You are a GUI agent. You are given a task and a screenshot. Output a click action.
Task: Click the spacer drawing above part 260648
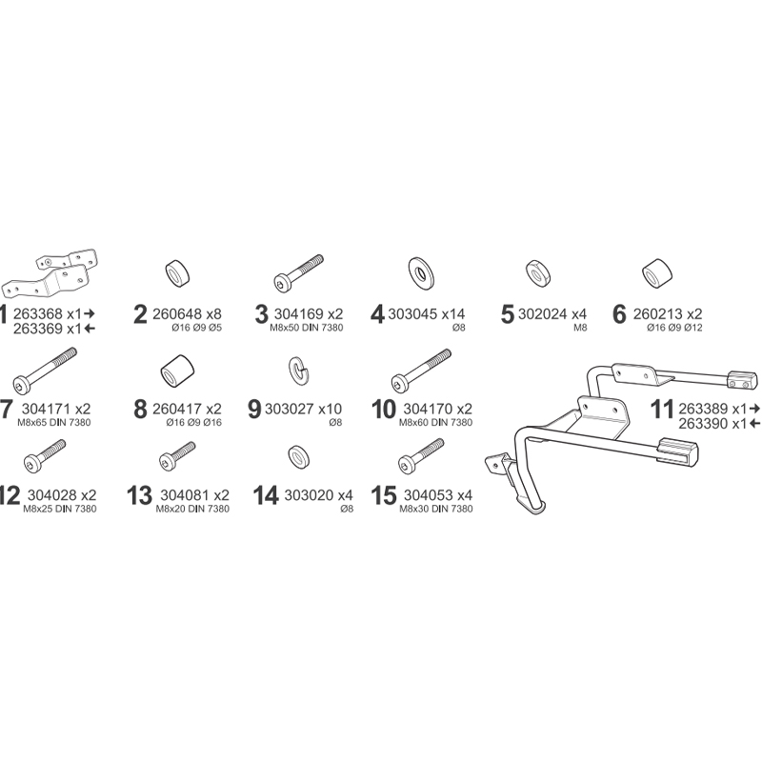176,273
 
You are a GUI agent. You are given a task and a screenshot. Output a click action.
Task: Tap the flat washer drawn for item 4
420,270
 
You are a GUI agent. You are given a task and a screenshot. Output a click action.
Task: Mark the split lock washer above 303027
297,368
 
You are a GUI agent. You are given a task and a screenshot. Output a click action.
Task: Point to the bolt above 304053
419,457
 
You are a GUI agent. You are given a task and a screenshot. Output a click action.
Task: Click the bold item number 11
662,410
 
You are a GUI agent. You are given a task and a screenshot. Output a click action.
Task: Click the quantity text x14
451,312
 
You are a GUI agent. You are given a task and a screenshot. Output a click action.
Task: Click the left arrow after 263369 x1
90,329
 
